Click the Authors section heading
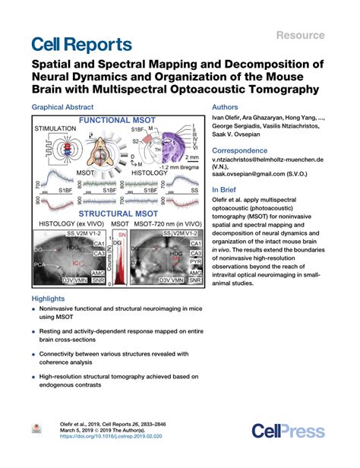[x=229, y=109]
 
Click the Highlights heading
[x=50, y=299]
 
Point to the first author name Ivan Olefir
[x=227, y=120]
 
